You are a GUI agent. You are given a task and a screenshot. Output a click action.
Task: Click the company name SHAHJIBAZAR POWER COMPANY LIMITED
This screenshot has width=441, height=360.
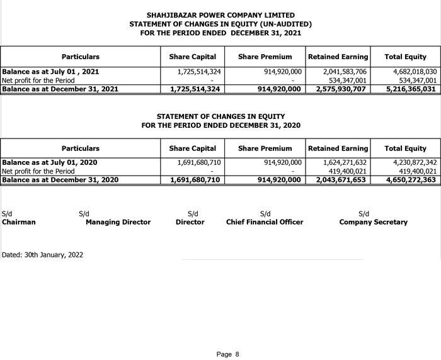coord(220,15)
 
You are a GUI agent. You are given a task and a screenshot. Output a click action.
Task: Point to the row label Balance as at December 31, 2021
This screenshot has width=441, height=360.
coord(60,89)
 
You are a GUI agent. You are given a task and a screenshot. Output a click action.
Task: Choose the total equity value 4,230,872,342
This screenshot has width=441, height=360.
coord(410,162)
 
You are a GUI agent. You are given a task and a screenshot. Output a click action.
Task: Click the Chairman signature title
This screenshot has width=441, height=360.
coord(19,222)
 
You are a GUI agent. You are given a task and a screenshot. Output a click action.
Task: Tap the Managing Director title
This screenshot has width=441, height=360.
coord(118,222)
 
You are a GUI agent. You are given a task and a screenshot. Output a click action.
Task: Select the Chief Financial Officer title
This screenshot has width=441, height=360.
coord(265,222)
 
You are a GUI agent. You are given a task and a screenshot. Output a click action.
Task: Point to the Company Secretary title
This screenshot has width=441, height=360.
coord(373,222)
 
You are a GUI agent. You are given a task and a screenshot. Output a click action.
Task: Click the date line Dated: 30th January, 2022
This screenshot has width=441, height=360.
coord(43,255)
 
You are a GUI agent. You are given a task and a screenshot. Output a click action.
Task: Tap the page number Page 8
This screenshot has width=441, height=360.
coord(228,354)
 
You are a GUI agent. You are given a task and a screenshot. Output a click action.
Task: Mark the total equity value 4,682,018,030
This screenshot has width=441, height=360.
coord(410,72)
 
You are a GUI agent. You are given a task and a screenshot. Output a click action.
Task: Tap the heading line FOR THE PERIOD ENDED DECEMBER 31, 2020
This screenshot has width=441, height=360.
coord(220,125)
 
